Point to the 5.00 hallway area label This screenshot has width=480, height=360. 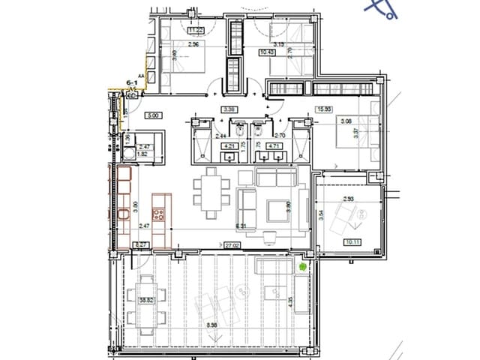click(152, 115)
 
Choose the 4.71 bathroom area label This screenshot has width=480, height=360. click(274, 146)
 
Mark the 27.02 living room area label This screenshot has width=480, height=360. click(232, 244)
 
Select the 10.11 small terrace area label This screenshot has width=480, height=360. click(351, 242)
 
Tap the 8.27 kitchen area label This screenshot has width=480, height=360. click(139, 244)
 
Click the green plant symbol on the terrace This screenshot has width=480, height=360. click(302, 265)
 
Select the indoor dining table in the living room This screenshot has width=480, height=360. click(210, 191)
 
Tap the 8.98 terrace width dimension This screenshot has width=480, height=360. click(212, 325)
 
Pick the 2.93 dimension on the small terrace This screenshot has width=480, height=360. click(348, 199)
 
